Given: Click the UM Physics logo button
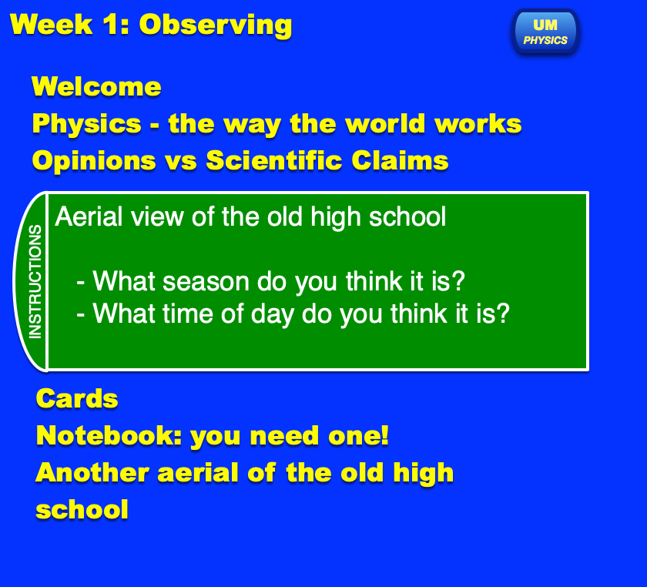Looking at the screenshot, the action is pyautogui.click(x=545, y=32).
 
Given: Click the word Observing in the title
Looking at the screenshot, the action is pyautogui.click(x=216, y=25).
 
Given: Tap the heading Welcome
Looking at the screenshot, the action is pyautogui.click(x=96, y=87).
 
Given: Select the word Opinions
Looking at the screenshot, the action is pyautogui.click(x=94, y=161).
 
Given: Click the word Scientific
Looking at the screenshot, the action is pyautogui.click(x=274, y=160).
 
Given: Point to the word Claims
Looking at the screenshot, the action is pyautogui.click(x=400, y=160).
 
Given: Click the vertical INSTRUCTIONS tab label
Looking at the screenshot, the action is pyautogui.click(x=35, y=282).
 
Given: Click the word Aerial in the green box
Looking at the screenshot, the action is pyautogui.click(x=89, y=216).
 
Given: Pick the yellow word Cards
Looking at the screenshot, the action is pyautogui.click(x=77, y=399).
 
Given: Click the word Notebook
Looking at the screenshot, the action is pyautogui.click(x=109, y=435).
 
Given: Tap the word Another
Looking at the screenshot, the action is pyautogui.click(x=92, y=472).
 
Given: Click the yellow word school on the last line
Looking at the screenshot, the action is pyautogui.click(x=82, y=509).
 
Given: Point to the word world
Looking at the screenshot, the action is pyautogui.click(x=385, y=123).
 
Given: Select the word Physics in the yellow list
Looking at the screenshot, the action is pyautogui.click(x=86, y=124).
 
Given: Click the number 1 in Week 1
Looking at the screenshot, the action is pyautogui.click(x=112, y=25).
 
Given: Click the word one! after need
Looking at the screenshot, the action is pyautogui.click(x=358, y=435).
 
